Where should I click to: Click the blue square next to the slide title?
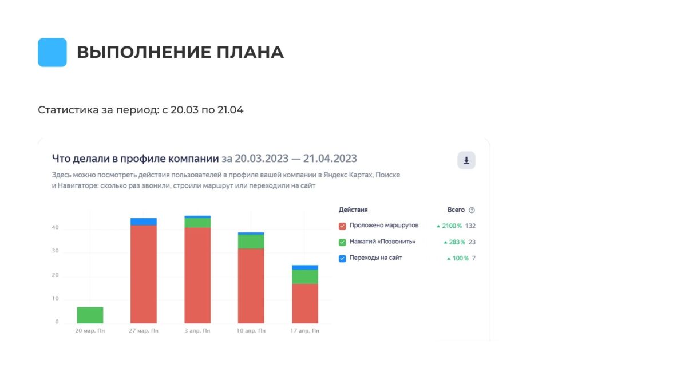pyautogui.click(x=52, y=52)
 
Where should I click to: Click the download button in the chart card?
pyautogui.click(x=466, y=161)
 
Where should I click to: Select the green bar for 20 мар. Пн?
pyautogui.click(x=90, y=315)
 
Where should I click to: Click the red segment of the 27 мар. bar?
pyautogui.click(x=144, y=274)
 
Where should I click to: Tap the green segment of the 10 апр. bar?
pyautogui.click(x=251, y=242)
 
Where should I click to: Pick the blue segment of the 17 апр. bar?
pyautogui.click(x=305, y=267)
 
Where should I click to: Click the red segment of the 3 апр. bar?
pyautogui.click(x=197, y=275)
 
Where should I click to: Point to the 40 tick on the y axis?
pyautogui.click(x=56, y=228)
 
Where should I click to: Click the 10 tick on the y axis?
pyautogui.click(x=56, y=299)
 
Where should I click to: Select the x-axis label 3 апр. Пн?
pyautogui.click(x=197, y=331)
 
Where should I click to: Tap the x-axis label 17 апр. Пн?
pyautogui.click(x=305, y=331)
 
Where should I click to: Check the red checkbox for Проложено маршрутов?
pyautogui.click(x=342, y=226)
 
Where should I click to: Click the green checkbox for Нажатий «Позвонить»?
pyautogui.click(x=342, y=242)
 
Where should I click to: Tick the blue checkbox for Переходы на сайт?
pyautogui.click(x=342, y=258)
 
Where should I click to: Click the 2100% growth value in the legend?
pyautogui.click(x=452, y=226)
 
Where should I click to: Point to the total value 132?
pyautogui.click(x=470, y=226)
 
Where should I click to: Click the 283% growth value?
pyautogui.click(x=456, y=242)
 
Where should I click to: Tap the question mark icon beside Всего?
pyautogui.click(x=472, y=210)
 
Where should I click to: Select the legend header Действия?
pyautogui.click(x=353, y=210)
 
